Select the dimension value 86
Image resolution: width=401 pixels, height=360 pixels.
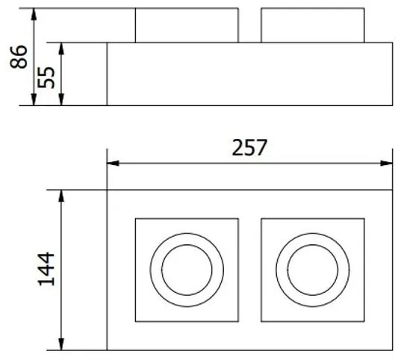click(20, 57)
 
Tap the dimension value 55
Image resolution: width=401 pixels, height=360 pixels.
click(46, 75)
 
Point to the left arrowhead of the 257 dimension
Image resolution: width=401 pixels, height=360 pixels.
click(111, 164)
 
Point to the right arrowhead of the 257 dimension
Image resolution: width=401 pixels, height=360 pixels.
click(388, 164)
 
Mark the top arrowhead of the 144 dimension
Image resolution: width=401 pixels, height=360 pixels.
click(62, 194)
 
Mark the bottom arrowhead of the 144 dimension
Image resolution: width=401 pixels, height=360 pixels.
click(62, 345)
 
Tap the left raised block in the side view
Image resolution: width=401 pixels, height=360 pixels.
click(187, 25)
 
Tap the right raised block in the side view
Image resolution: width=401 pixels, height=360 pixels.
click(312, 25)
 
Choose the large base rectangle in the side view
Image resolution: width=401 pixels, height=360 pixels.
click(249, 74)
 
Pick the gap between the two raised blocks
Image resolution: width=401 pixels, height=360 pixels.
click(249, 25)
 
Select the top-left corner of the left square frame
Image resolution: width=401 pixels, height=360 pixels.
click(135, 218)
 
